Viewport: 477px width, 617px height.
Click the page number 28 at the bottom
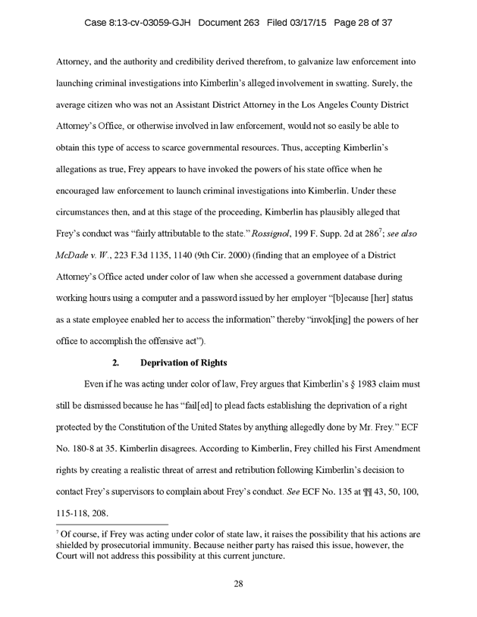[x=238, y=584]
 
